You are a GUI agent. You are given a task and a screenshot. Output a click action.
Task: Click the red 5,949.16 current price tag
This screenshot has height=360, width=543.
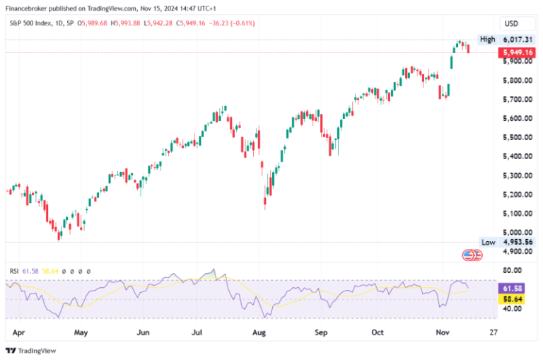tap(518, 52)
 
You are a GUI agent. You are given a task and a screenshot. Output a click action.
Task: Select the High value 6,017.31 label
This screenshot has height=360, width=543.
tap(518, 40)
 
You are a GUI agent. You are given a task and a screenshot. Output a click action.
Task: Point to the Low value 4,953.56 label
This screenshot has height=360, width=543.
tap(518, 242)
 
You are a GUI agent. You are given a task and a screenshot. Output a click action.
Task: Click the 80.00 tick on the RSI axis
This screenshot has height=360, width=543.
tap(513, 269)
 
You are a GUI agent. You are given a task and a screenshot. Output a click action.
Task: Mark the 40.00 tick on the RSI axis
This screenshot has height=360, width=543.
tap(513, 308)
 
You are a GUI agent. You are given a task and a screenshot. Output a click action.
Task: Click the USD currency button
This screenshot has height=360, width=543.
tap(510, 23)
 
